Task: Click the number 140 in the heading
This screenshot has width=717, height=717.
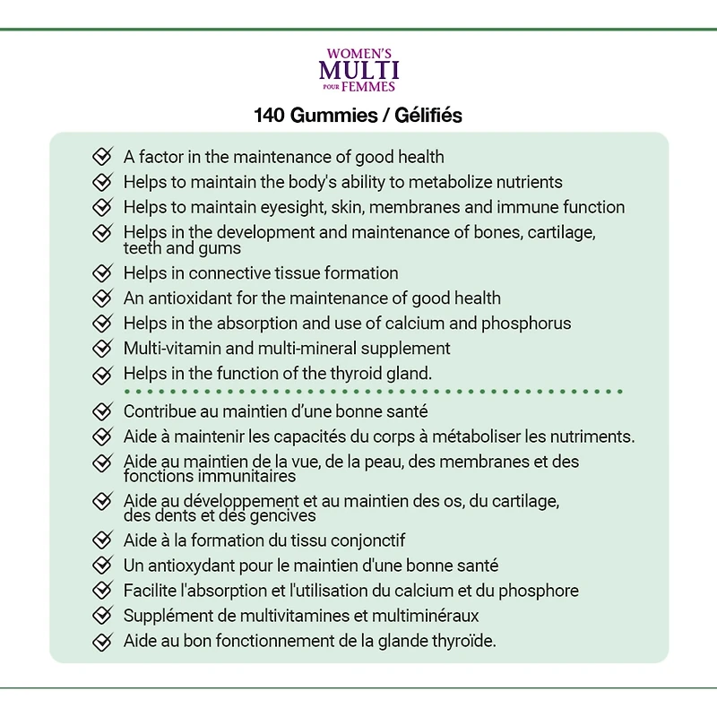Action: coord(270,117)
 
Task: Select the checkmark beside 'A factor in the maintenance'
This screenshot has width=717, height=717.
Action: coord(103,158)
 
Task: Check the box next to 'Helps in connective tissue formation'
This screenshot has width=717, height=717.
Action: coord(103,272)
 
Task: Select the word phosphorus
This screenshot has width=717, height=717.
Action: coord(526,323)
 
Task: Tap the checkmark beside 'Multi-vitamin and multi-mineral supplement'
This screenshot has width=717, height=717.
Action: coord(103,348)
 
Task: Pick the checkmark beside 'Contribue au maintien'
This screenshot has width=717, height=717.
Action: coord(103,412)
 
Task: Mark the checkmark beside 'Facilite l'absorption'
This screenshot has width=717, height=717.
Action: coord(103,591)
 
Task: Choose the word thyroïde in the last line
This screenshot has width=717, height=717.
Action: coord(463,641)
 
